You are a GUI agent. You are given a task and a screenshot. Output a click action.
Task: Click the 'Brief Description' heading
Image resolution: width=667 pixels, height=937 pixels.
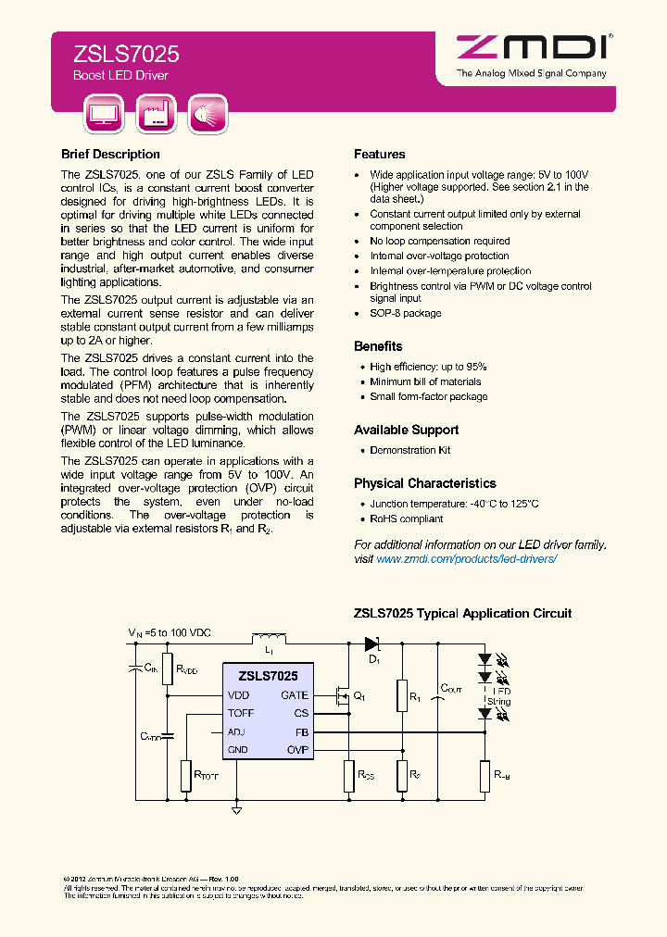tap(110, 155)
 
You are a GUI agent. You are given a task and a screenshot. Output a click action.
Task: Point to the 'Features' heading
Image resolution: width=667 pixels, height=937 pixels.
tap(379, 155)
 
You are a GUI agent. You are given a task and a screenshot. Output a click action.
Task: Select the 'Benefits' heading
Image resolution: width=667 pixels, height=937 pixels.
tap(378, 346)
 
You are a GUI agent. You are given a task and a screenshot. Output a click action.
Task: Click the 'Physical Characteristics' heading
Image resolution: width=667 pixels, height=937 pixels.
tap(424, 483)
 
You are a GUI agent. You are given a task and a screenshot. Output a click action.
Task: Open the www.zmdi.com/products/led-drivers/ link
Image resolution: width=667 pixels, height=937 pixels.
tap(466, 560)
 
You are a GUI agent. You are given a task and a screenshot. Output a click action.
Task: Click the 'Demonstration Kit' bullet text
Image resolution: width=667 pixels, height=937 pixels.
tap(409, 450)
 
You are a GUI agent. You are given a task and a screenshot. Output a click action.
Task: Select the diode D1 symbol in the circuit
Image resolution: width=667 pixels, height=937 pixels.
tap(371, 643)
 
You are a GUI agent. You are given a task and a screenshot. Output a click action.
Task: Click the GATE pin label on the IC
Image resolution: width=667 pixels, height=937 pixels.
tap(295, 695)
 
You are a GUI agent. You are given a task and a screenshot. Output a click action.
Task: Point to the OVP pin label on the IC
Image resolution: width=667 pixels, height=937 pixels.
tap(296, 750)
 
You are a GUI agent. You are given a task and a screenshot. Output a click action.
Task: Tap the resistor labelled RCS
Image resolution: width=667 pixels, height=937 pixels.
tap(349, 774)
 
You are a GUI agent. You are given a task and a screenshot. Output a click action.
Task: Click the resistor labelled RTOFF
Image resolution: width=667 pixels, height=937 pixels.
tap(186, 774)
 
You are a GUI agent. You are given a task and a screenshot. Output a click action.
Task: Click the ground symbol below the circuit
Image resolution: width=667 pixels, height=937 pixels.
tap(236, 810)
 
